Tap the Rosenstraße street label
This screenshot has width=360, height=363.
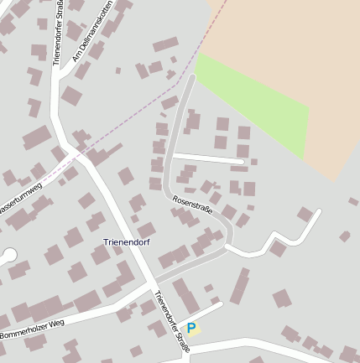192,206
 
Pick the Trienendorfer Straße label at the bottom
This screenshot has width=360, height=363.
171,320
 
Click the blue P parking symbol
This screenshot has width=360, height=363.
191,329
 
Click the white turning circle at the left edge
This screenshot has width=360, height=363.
9,254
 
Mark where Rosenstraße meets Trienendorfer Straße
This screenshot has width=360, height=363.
154,280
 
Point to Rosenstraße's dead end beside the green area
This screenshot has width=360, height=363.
192,79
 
